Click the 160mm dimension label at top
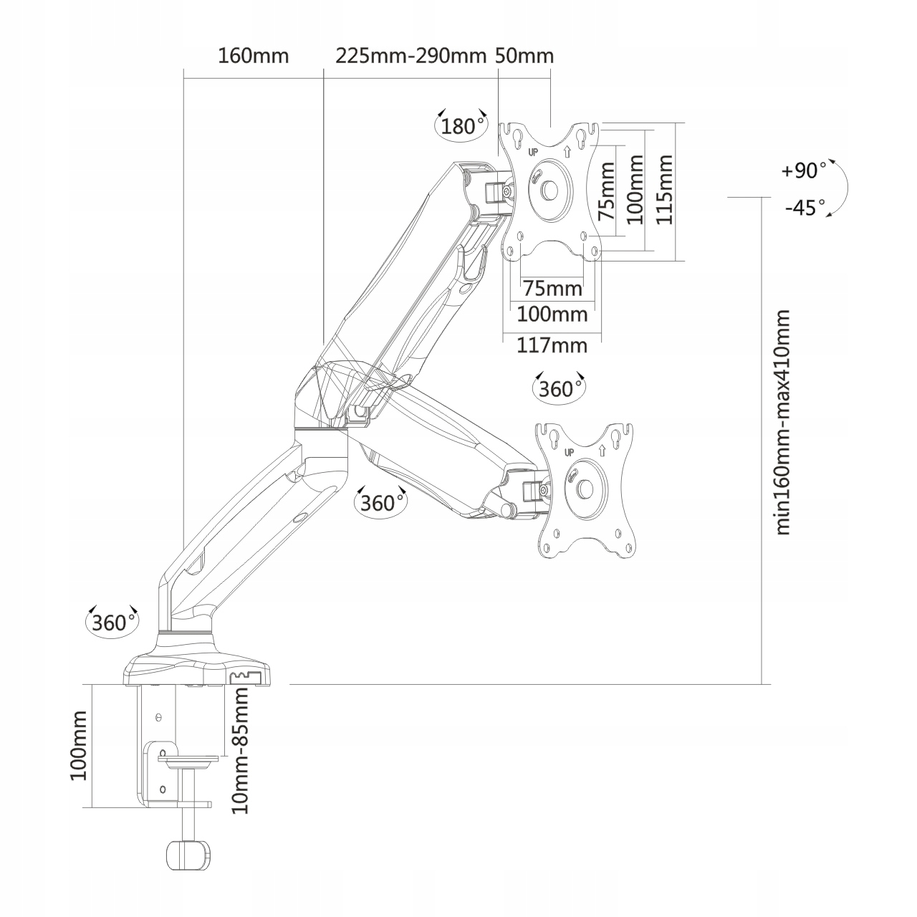[253, 56]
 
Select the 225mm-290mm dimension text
[411, 56]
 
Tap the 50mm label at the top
[524, 56]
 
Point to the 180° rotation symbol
[461, 125]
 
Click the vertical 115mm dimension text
[664, 189]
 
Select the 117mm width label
[552, 345]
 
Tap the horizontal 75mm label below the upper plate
[552, 289]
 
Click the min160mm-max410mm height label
[782, 422]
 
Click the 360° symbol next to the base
[112, 622]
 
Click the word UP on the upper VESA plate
[533, 153]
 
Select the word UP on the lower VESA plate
[569, 453]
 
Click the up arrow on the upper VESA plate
[567, 151]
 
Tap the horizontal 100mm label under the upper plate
[552, 314]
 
